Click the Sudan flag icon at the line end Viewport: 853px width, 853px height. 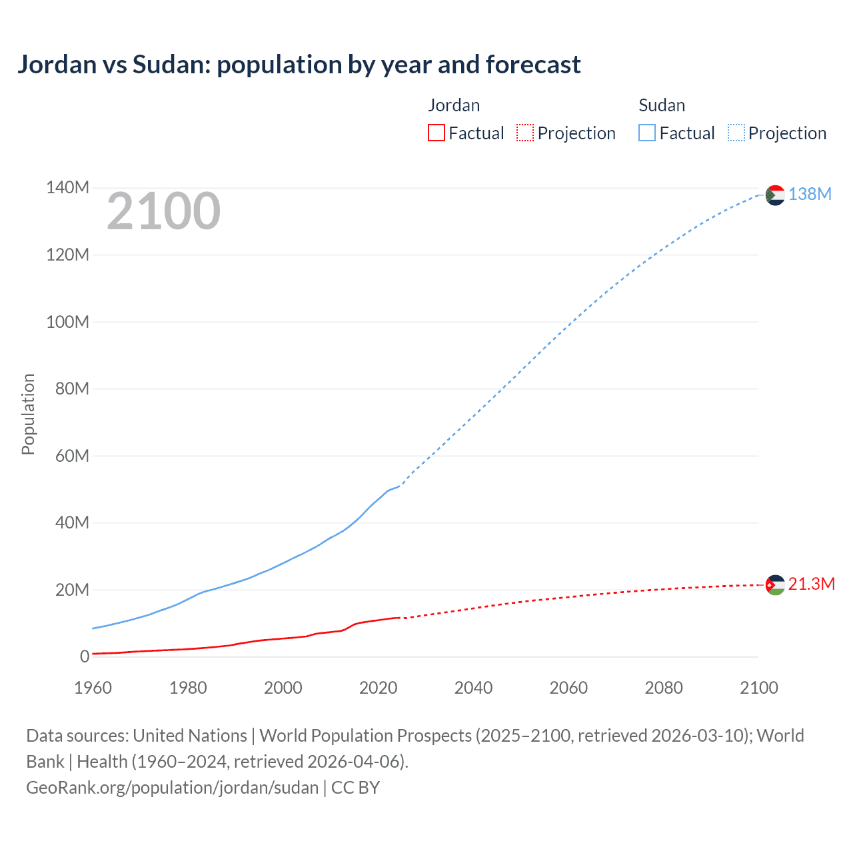click(x=775, y=195)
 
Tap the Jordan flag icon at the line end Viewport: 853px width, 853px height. click(x=775, y=585)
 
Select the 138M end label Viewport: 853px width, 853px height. click(x=810, y=194)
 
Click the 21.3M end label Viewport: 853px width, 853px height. click(x=811, y=584)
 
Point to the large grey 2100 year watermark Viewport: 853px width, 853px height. click(x=163, y=211)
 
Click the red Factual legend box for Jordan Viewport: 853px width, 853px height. click(x=436, y=133)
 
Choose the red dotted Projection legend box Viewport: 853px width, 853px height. click(x=525, y=133)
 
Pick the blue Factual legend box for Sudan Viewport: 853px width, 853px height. click(x=647, y=133)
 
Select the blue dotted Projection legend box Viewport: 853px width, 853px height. click(x=736, y=133)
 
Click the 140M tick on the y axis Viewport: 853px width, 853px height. click(x=67, y=187)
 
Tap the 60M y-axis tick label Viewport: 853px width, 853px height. click(x=72, y=456)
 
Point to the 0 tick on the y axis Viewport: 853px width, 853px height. click(x=85, y=656)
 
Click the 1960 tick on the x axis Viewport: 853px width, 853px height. click(x=93, y=688)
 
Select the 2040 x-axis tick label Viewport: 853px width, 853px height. click(x=473, y=688)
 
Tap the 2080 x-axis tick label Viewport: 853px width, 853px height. click(x=664, y=688)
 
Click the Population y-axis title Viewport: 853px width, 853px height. click(x=28, y=414)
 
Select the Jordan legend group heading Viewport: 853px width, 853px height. click(x=454, y=105)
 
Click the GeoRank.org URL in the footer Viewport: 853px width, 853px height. click(x=172, y=787)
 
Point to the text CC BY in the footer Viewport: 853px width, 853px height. click(x=355, y=787)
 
